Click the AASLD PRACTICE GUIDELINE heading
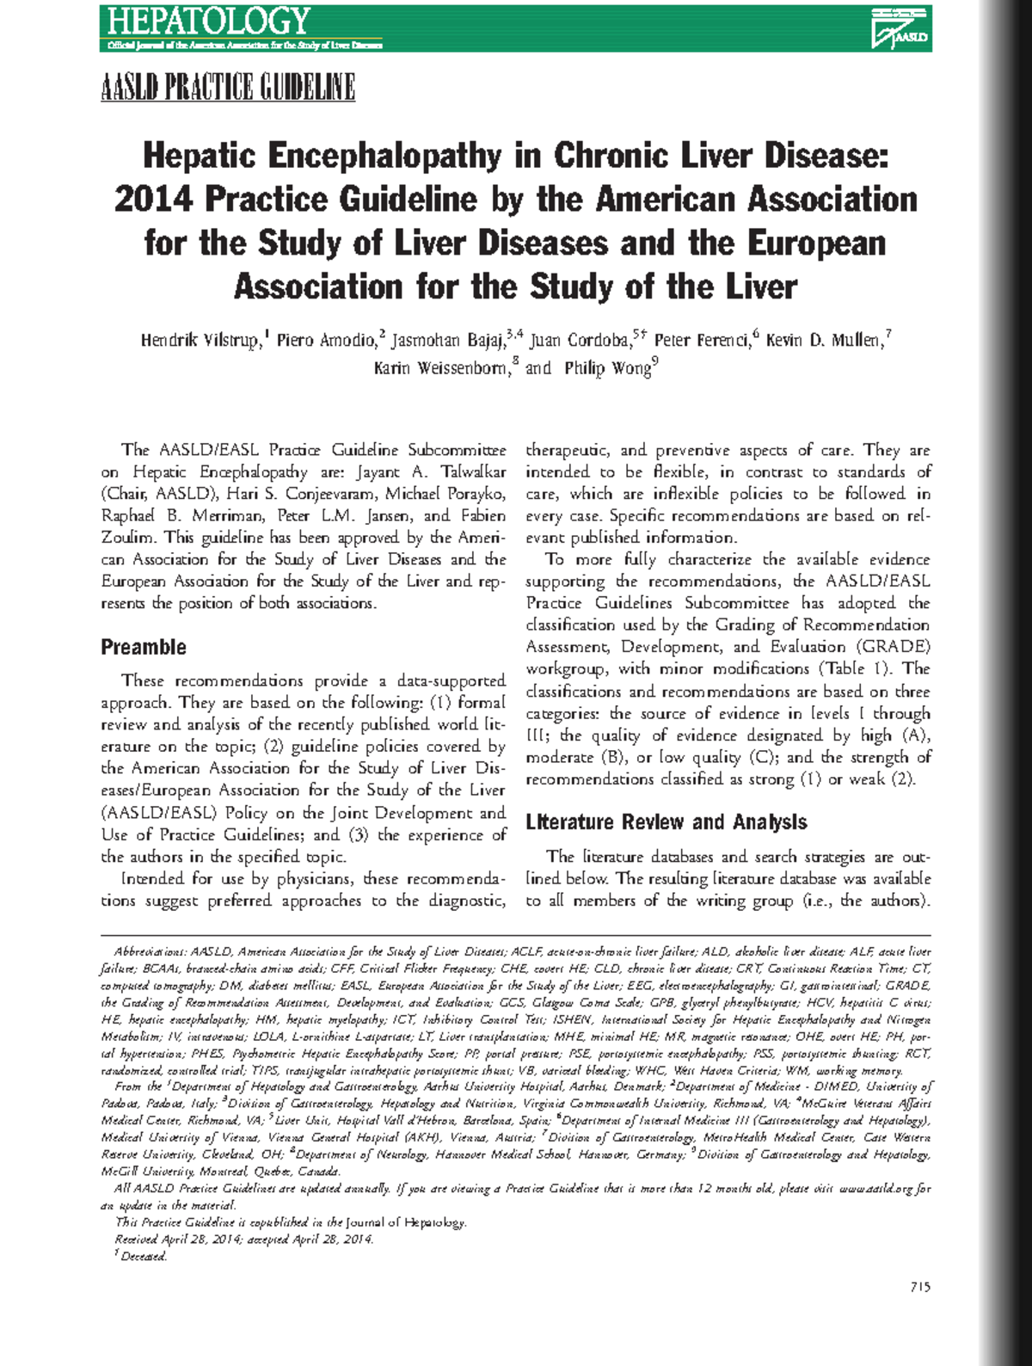[228, 88]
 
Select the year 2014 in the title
[153, 200]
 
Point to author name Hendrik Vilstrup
[200, 341]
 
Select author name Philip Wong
[607, 369]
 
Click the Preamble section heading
[144, 647]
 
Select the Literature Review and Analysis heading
[666, 822]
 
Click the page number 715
[919, 1288]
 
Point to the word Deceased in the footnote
[144, 1257]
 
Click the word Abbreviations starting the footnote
[150, 952]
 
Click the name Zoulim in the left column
[127, 538]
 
